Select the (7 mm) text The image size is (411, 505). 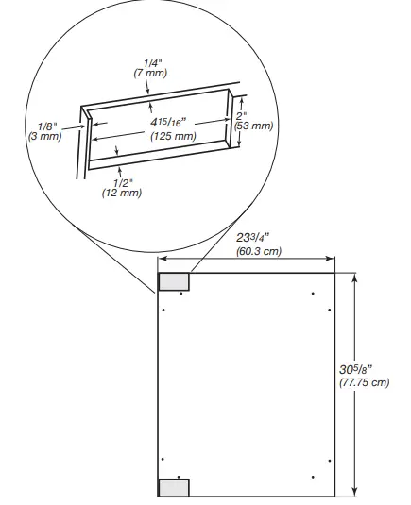(x=151, y=73)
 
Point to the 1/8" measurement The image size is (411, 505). (x=46, y=125)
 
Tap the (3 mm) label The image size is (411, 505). (x=46, y=136)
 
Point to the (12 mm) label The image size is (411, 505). (x=121, y=193)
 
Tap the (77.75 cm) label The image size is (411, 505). (x=365, y=382)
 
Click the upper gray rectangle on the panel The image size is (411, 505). (x=174, y=281)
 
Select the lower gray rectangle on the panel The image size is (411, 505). (x=174, y=487)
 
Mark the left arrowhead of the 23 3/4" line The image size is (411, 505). (x=161, y=259)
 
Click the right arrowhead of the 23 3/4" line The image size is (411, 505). (x=332, y=259)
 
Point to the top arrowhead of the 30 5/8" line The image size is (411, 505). (x=354, y=277)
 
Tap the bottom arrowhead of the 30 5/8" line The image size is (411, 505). (x=354, y=492)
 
